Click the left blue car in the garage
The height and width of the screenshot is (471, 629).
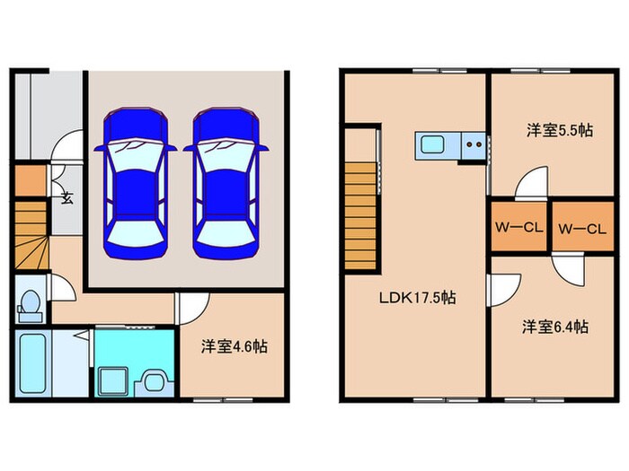coord(135,184)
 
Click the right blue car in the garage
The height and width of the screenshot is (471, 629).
coord(222,184)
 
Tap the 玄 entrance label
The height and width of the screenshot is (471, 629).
coord(66,199)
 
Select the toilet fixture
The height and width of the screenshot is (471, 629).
coord(30,305)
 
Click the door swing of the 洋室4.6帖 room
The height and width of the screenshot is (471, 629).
coord(190,310)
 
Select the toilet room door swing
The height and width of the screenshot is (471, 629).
coord(61,289)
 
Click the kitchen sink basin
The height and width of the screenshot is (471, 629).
coord(430,144)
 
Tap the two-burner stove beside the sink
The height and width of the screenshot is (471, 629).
coord(473,144)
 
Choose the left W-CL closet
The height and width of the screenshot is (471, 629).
coord(517,228)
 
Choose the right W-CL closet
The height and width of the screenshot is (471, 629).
coord(580,228)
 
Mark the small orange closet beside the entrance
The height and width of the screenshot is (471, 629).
coord(29,180)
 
